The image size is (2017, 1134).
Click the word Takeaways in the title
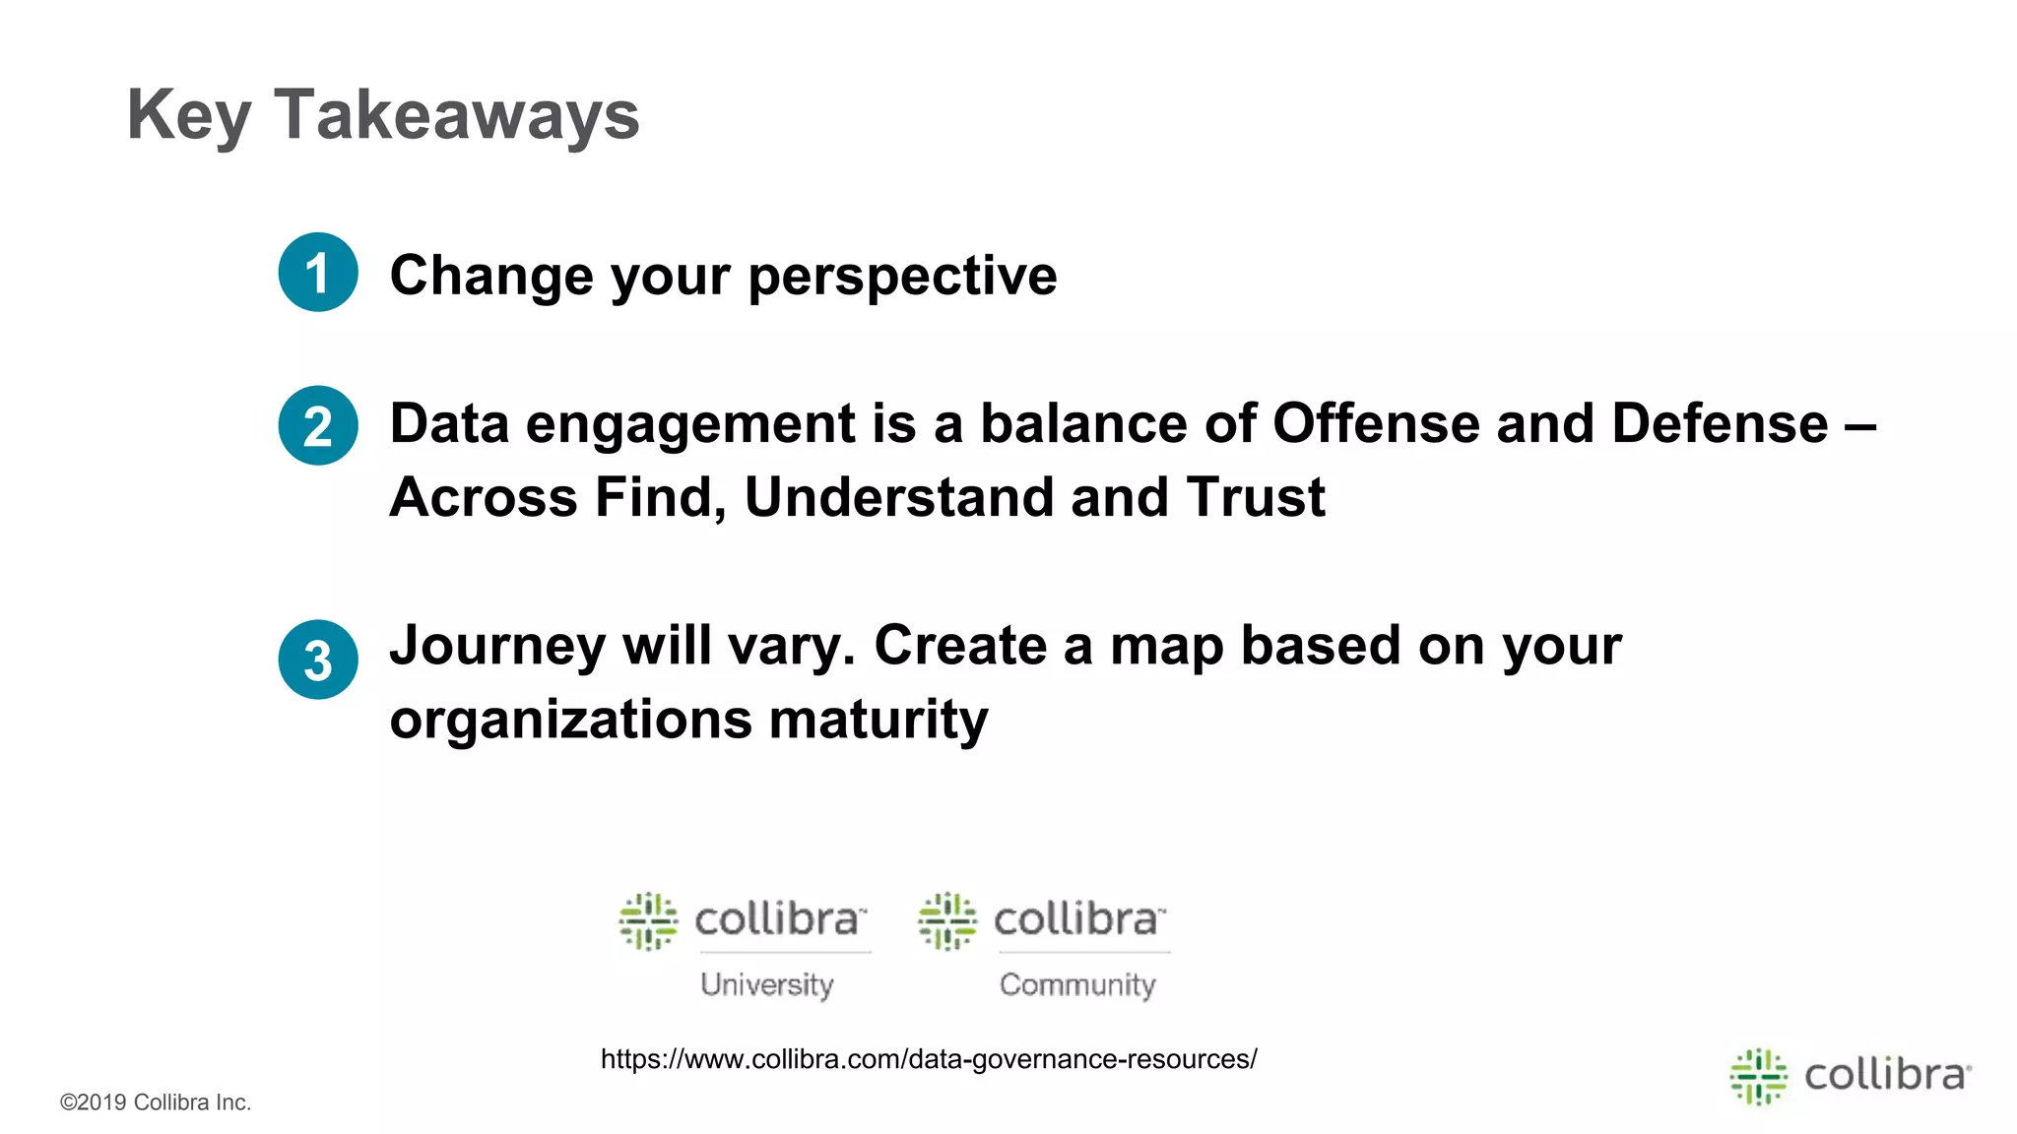pos(456,115)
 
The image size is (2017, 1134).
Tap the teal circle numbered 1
pos(318,273)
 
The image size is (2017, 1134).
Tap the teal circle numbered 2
pos(318,425)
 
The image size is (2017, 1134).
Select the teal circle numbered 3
pos(318,660)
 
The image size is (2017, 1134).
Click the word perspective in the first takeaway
pos(902,276)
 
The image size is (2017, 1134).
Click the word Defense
pos(1720,423)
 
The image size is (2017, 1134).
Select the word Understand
pos(898,497)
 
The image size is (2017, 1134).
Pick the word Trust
pos(1256,497)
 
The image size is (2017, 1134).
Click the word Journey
pos(497,647)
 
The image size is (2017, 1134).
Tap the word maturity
pos(878,720)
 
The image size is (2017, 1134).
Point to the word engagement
pos(690,425)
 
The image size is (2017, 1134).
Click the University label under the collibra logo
pos(767,984)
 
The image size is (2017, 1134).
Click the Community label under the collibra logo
pos(1077,984)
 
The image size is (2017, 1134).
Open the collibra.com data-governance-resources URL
pos(929,1059)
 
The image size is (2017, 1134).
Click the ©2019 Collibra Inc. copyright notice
pos(156,1102)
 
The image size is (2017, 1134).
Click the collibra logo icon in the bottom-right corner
pos(1759,1076)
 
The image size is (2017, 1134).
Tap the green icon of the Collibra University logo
pos(648,921)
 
